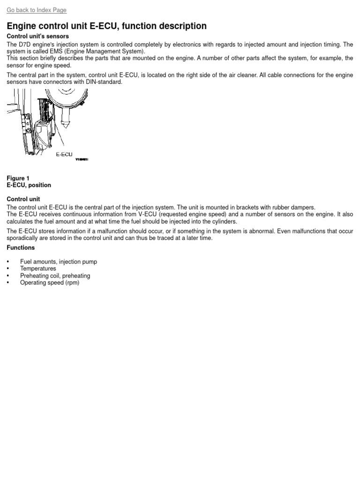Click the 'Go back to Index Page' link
pyautogui.click(x=37, y=10)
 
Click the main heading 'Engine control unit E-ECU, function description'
pyautogui.click(x=106, y=26)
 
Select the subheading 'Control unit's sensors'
pyautogui.click(x=37, y=37)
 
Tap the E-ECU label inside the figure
pyautogui.click(x=64, y=154)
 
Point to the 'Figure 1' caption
pyautogui.click(x=18, y=178)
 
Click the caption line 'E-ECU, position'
pyautogui.click(x=29, y=185)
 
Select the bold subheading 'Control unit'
pyautogui.click(x=23, y=199)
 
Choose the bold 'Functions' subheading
pyautogui.click(x=21, y=247)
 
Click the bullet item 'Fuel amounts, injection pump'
pyautogui.click(x=59, y=262)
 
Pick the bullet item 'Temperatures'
pyautogui.click(x=38, y=269)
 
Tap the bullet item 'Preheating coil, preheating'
pyautogui.click(x=55, y=276)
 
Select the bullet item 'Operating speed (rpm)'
pyautogui.click(x=50, y=283)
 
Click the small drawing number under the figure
pyautogui.click(x=82, y=159)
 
